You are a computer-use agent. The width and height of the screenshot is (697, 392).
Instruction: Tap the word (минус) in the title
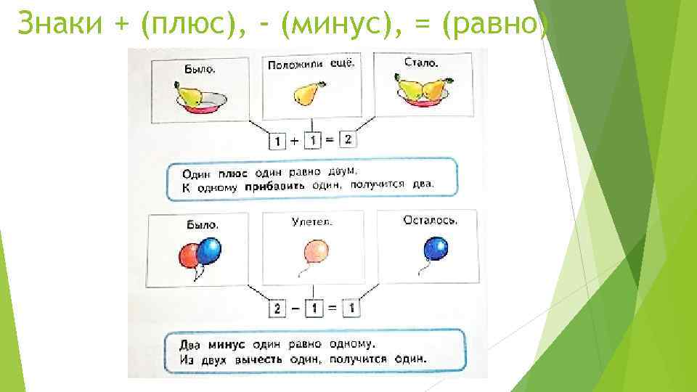330,23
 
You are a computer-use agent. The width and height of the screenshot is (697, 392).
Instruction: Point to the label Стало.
421,63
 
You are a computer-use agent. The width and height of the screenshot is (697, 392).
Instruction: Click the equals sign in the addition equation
329,141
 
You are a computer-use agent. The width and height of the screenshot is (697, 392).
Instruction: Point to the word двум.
341,172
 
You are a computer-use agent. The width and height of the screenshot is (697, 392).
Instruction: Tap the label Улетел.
311,222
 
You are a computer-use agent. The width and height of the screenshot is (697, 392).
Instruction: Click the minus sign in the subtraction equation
294,308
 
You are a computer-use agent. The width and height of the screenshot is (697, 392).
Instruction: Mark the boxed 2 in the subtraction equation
276,308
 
